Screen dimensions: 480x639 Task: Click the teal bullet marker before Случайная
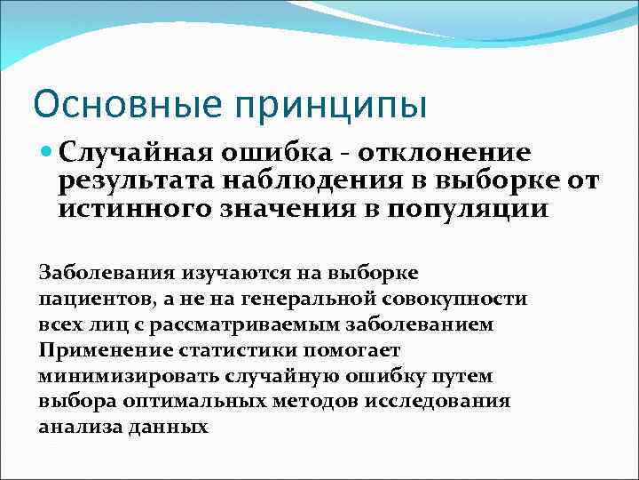pos(48,153)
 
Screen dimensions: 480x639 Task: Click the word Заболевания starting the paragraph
pos(107,273)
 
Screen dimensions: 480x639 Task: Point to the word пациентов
pos(87,299)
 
